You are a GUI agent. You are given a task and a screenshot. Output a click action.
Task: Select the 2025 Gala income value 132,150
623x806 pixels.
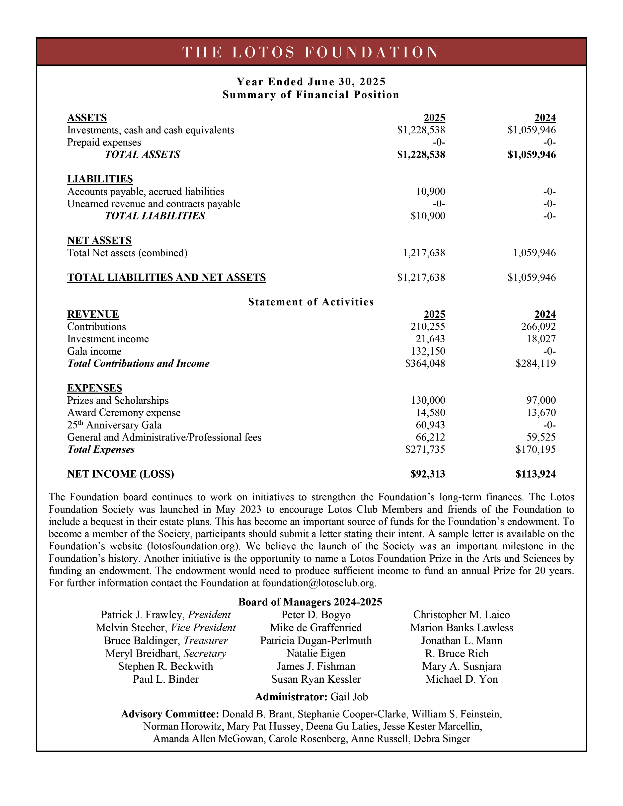click(x=428, y=351)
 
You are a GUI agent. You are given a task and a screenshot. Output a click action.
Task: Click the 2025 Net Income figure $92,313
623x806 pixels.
click(x=428, y=474)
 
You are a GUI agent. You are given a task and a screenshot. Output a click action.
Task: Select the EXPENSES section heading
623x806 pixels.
click(x=94, y=388)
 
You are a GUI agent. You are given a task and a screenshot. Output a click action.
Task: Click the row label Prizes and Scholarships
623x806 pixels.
click(x=118, y=400)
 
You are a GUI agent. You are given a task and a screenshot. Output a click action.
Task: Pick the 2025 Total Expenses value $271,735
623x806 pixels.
click(x=425, y=449)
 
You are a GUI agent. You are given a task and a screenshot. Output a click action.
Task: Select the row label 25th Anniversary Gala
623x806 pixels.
click(x=114, y=425)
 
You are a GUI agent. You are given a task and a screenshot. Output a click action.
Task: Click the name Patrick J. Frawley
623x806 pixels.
click(x=143, y=615)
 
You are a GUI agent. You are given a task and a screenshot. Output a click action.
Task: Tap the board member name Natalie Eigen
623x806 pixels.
click(x=316, y=654)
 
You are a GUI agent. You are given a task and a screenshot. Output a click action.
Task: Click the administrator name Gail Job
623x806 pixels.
click(x=349, y=697)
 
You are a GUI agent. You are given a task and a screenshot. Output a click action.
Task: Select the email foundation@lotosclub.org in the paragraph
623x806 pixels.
click(x=319, y=583)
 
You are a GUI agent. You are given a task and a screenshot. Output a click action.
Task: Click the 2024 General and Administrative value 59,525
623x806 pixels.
click(x=541, y=437)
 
